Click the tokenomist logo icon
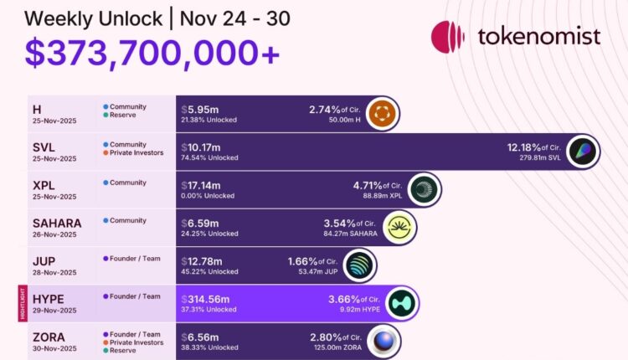[x=448, y=37]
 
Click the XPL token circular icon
[x=424, y=190]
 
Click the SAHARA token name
[x=57, y=223]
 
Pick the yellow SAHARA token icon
[x=399, y=229]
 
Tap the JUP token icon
[x=360, y=266]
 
